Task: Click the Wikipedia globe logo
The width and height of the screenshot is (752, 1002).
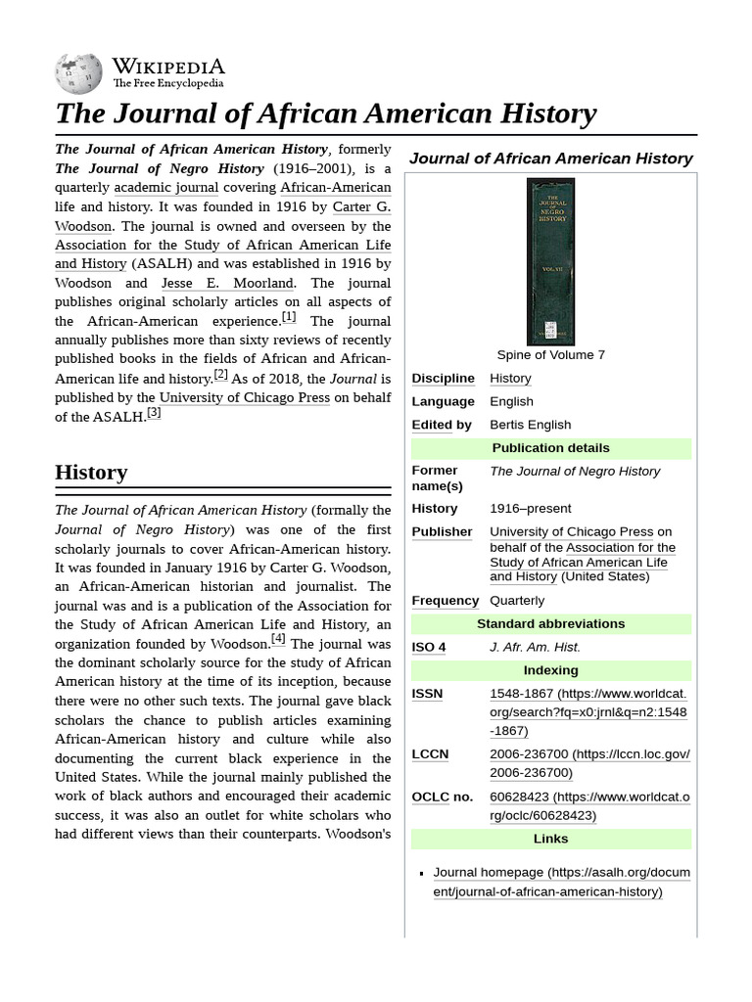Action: tap(79, 72)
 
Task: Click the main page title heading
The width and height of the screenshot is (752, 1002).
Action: tap(325, 114)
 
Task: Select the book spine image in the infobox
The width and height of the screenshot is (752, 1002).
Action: tap(550, 261)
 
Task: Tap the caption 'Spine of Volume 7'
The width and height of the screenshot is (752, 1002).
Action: tap(550, 354)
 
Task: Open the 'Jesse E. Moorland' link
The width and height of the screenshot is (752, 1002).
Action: tap(227, 283)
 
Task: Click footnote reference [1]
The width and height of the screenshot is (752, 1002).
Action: tap(289, 317)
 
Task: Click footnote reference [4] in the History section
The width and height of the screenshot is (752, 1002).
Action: tap(278, 639)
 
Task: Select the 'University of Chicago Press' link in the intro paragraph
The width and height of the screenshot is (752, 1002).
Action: tap(245, 397)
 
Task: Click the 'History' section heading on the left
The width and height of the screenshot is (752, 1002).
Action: tap(91, 472)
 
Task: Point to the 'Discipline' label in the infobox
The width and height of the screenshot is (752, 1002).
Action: tap(443, 378)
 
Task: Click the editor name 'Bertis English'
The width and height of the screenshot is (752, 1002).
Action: tap(530, 425)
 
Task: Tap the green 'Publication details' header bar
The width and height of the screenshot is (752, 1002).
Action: tap(550, 448)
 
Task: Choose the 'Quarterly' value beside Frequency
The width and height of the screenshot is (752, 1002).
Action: tap(517, 600)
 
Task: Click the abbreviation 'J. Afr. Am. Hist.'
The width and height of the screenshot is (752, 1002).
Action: tap(535, 647)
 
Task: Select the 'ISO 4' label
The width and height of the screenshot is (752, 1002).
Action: tap(429, 647)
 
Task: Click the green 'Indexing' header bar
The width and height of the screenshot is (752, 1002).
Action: tap(550, 670)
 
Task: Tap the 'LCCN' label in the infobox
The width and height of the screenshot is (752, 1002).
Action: tap(430, 753)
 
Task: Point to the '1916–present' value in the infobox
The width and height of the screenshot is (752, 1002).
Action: tap(530, 508)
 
